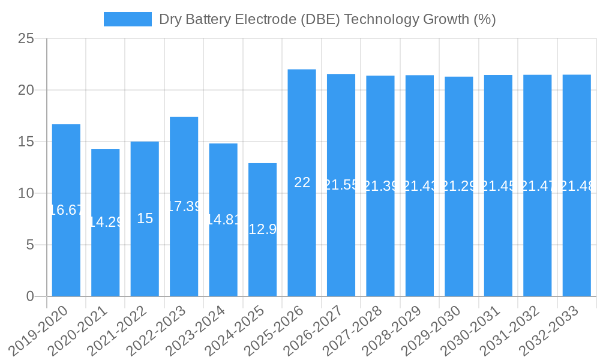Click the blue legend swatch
click(x=127, y=19)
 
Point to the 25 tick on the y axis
click(x=26, y=39)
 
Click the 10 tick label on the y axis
click(x=26, y=193)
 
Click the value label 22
click(x=302, y=183)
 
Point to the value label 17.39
click(x=184, y=206)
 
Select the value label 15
click(x=145, y=218)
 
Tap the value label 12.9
click(x=262, y=229)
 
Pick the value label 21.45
click(x=498, y=186)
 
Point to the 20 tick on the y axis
click(x=26, y=90)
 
